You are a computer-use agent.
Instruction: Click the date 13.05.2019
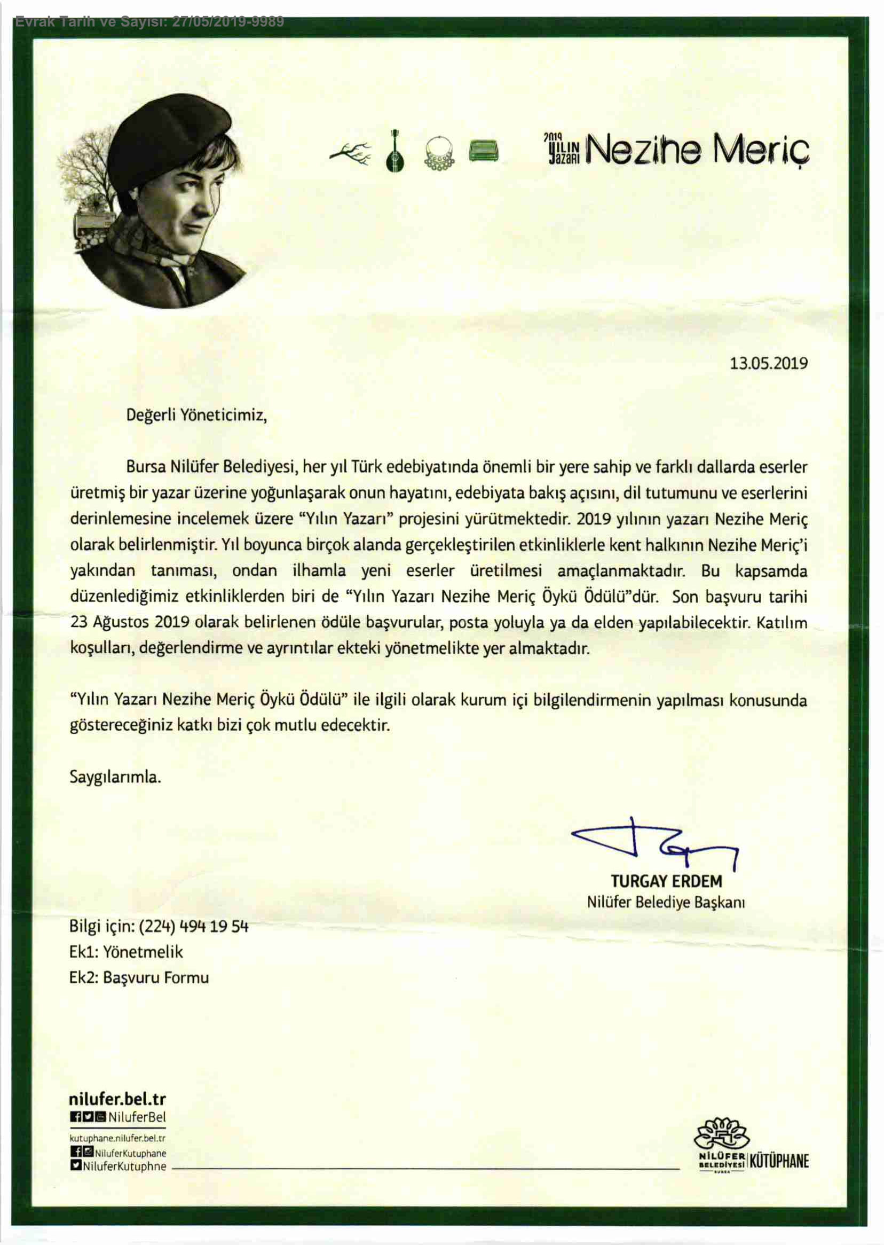[x=768, y=363]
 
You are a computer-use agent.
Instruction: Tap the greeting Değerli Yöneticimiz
[x=196, y=415]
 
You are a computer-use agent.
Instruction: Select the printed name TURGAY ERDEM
[x=666, y=881]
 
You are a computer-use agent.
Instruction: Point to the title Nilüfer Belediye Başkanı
[x=665, y=903]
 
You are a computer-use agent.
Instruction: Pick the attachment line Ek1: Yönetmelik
[x=126, y=951]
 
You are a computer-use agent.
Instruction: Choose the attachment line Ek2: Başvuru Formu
[x=139, y=977]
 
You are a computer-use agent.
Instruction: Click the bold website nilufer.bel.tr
[x=117, y=1099]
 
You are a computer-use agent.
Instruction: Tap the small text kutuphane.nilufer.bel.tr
[x=117, y=1138]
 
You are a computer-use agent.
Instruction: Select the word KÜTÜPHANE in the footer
[x=779, y=1161]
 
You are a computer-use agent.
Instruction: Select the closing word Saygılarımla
[x=115, y=776]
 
